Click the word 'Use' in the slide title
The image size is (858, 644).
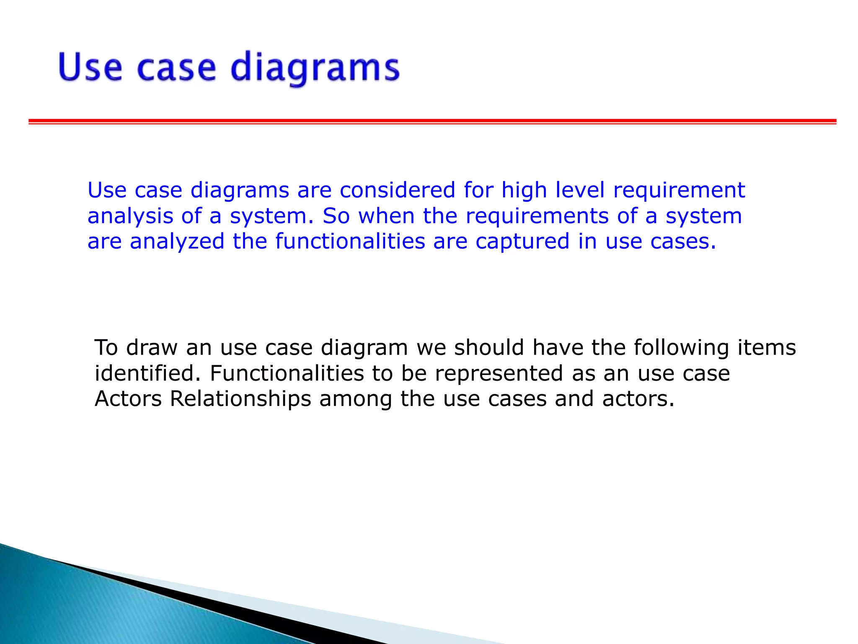pyautogui.click(x=90, y=67)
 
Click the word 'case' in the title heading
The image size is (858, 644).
pyautogui.click(x=176, y=68)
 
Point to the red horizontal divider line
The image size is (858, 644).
pyautogui.click(x=432, y=122)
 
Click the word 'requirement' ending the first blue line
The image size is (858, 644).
pyautogui.click(x=679, y=191)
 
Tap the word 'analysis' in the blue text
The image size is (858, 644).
pyautogui.click(x=130, y=216)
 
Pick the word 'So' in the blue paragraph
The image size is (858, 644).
pyautogui.click(x=336, y=216)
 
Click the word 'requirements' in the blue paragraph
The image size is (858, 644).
pyautogui.click(x=537, y=216)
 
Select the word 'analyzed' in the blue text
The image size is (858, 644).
pyautogui.click(x=177, y=242)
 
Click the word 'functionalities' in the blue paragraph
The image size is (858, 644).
pyautogui.click(x=350, y=241)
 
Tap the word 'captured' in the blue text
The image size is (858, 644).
pyautogui.click(x=522, y=242)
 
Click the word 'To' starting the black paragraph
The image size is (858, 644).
pyautogui.click(x=106, y=348)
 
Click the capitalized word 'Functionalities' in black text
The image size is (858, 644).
pyautogui.click(x=287, y=373)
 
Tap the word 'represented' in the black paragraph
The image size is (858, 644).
pyautogui.click(x=499, y=374)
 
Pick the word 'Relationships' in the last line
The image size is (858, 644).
pyautogui.click(x=240, y=399)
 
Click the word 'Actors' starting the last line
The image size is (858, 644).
pyautogui.click(x=128, y=399)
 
